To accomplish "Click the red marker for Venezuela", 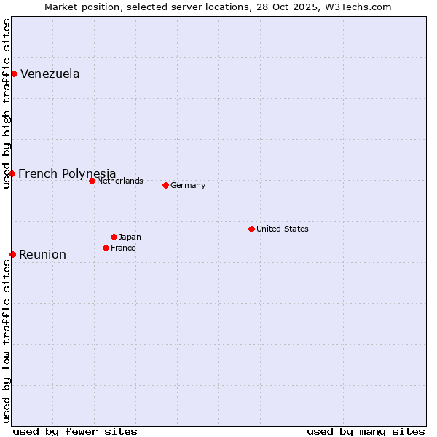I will pyautogui.click(x=14, y=74).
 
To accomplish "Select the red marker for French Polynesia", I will pyautogui.click(x=12, y=173).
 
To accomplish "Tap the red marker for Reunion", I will pyautogui.click(x=12, y=254).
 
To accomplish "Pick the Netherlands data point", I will pyautogui.click(x=92, y=181).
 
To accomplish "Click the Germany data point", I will pyautogui.click(x=165, y=185).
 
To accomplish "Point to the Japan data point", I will pyautogui.click(x=114, y=237).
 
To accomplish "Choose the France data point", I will pyautogui.click(x=106, y=248).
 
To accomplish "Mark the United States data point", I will pyautogui.click(x=251, y=229).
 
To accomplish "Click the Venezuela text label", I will pyautogui.click(x=50, y=74).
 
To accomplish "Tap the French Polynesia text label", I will pyautogui.click(x=67, y=173).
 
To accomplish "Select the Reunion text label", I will pyautogui.click(x=42, y=254).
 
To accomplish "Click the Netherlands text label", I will pyautogui.click(x=120, y=181).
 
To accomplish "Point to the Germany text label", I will pyautogui.click(x=188, y=185).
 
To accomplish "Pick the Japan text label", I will pyautogui.click(x=130, y=237).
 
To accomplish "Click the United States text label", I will pyautogui.click(x=283, y=229).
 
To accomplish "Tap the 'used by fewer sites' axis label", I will pyautogui.click(x=75, y=431).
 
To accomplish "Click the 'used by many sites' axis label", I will pyautogui.click(x=366, y=431).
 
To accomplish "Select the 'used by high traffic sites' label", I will pyautogui.click(x=7, y=104).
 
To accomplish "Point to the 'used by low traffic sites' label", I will pyautogui.click(x=7, y=341).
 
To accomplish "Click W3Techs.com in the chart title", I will pyautogui.click(x=358, y=7).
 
